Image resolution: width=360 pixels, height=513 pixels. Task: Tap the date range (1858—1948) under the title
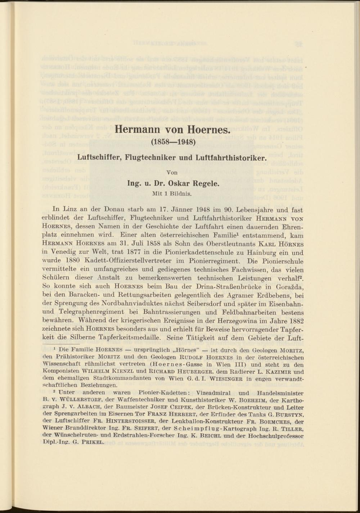pyautogui.click(x=174, y=142)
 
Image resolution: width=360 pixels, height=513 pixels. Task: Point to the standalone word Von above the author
pyautogui.click(x=173, y=172)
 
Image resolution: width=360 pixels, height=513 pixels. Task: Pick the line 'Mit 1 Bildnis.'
pyautogui.click(x=173, y=193)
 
